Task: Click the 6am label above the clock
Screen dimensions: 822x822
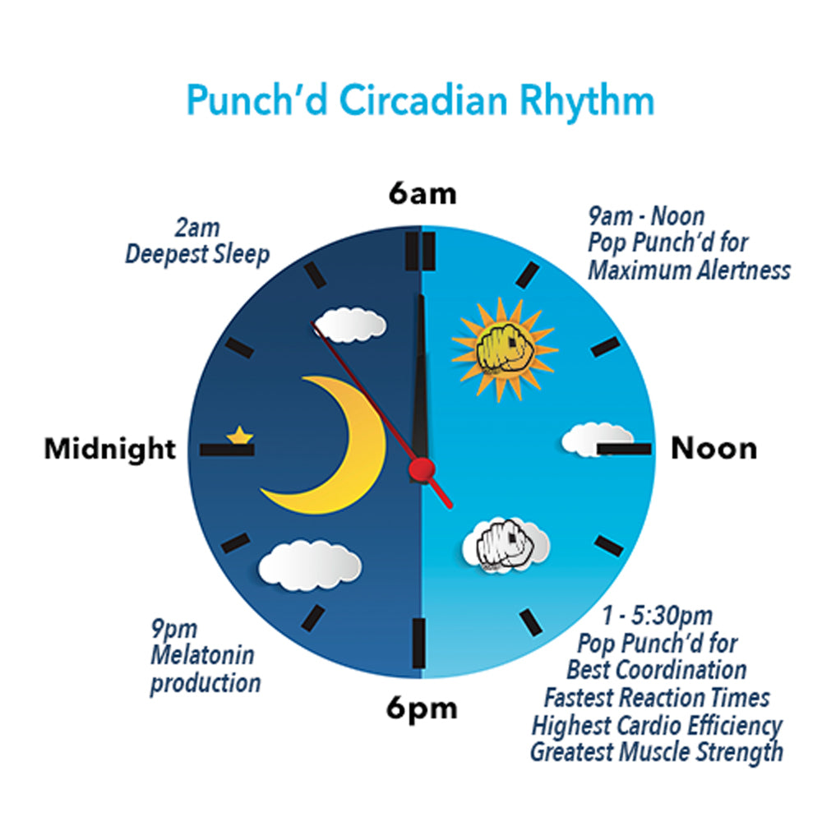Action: pyautogui.click(x=423, y=193)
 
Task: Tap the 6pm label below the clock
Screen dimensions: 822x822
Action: pyautogui.click(x=422, y=709)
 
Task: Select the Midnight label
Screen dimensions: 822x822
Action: pyautogui.click(x=110, y=449)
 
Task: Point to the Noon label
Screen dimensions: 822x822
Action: pyautogui.click(x=714, y=449)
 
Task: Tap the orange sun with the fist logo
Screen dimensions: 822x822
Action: pyautogui.click(x=504, y=349)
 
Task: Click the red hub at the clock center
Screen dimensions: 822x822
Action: pyautogui.click(x=422, y=469)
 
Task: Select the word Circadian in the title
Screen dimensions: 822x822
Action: pyautogui.click(x=423, y=99)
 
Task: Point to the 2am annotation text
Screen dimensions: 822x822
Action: pyautogui.click(x=197, y=228)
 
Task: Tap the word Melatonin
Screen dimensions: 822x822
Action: pyautogui.click(x=202, y=655)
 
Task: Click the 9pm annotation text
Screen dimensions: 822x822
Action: pyautogui.click(x=174, y=629)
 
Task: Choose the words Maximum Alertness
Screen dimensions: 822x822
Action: pyautogui.click(x=689, y=271)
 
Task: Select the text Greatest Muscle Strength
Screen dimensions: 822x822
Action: pyautogui.click(x=656, y=752)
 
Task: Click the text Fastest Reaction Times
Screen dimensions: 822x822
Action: pyautogui.click(x=656, y=698)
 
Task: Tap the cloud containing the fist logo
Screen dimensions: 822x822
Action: pyautogui.click(x=506, y=545)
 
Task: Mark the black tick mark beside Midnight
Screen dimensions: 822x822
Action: pyautogui.click(x=227, y=450)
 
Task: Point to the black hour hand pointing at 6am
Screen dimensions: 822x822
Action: pyautogui.click(x=420, y=377)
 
